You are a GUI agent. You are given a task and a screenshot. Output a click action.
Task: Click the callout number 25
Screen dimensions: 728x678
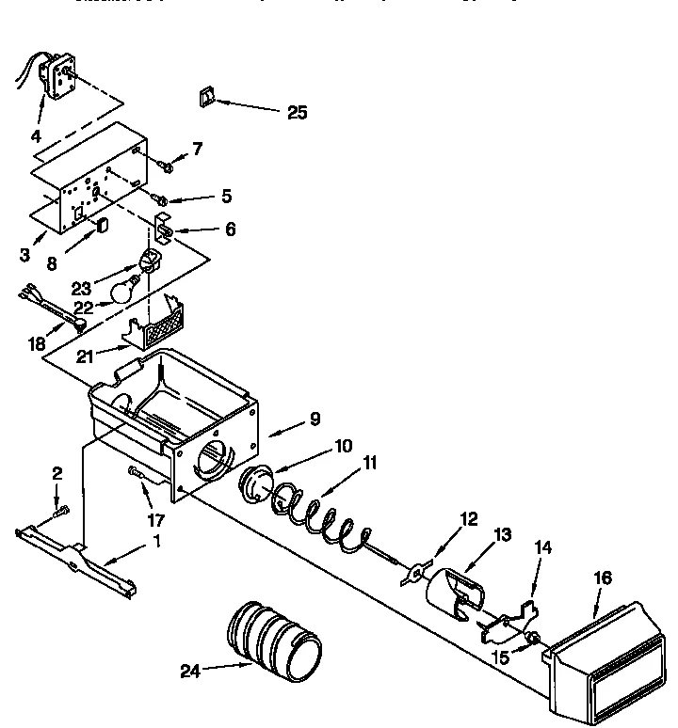[297, 112]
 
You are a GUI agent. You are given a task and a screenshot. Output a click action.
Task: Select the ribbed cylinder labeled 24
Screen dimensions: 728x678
[274, 641]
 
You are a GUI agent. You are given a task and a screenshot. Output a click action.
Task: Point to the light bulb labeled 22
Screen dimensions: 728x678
[121, 291]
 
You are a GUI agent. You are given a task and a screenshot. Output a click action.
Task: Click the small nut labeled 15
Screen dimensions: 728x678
[533, 640]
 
